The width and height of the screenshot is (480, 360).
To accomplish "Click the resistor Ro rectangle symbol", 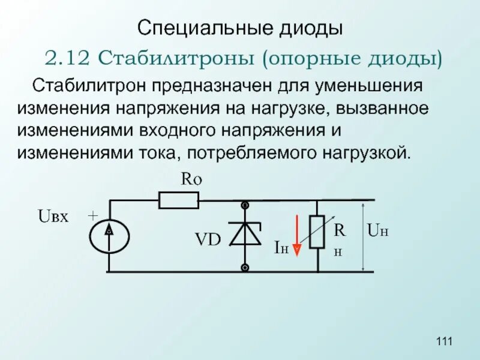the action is point(178,200).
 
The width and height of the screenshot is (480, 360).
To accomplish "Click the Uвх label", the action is point(54,217).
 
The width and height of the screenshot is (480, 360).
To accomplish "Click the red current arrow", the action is point(296,232).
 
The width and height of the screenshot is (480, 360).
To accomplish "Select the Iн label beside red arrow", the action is point(281,247).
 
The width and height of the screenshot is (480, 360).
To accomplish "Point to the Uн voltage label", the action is point(377,229).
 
